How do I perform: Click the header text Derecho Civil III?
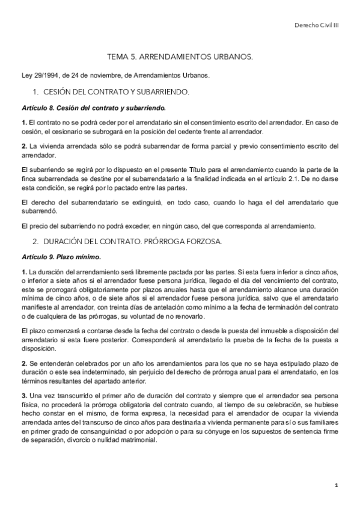[317, 26]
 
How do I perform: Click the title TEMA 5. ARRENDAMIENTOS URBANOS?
[180, 58]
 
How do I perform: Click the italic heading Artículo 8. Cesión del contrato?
[93, 108]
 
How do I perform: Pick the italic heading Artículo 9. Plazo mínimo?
[59, 257]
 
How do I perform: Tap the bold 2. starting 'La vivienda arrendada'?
[24, 146]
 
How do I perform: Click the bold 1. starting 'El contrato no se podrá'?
[24, 123]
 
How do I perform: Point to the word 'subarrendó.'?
[38, 212]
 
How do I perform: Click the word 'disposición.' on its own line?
[38, 348]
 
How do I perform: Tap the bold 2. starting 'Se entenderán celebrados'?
[24, 364]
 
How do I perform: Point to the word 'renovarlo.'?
[188, 317]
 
